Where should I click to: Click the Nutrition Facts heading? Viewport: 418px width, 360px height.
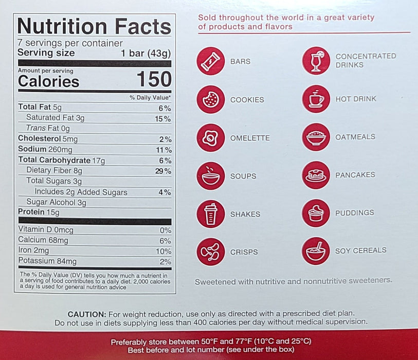click(94, 26)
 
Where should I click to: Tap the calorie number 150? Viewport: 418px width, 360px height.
click(154, 80)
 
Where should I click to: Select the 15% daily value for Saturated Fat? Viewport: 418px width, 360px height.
click(163, 119)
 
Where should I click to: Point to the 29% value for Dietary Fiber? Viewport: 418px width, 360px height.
click(163, 171)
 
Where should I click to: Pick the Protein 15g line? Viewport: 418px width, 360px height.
click(39, 212)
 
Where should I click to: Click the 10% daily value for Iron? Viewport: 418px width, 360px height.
click(163, 251)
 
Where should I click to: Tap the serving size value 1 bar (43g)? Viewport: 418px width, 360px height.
click(146, 53)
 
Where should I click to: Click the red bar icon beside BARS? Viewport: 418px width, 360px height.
click(210, 61)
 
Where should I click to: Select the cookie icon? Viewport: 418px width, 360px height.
click(210, 99)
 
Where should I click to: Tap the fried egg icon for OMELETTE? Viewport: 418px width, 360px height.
click(210, 138)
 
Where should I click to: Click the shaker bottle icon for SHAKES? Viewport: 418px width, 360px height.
click(210, 214)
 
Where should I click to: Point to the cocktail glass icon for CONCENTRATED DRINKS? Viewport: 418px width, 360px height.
click(316, 61)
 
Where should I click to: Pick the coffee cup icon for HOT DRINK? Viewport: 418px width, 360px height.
click(316, 99)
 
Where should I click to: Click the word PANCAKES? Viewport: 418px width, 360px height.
click(355, 175)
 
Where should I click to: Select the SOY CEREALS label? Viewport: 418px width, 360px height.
click(360, 250)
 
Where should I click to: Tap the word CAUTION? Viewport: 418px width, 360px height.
click(87, 314)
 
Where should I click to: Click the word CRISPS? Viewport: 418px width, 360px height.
click(244, 252)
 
